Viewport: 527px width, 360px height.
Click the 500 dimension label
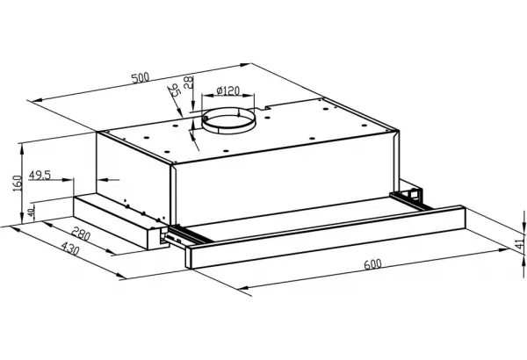click(141, 78)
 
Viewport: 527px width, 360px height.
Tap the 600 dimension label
click(372, 264)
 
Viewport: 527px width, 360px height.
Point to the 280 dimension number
click(81, 234)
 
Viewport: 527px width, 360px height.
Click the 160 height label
click(18, 184)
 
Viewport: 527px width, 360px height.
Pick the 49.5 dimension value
click(40, 175)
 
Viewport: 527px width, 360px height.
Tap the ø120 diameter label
click(227, 90)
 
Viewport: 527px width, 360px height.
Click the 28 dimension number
click(189, 83)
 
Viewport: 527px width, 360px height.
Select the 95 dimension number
click(175, 90)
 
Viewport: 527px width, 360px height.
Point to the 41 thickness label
click(520, 241)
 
